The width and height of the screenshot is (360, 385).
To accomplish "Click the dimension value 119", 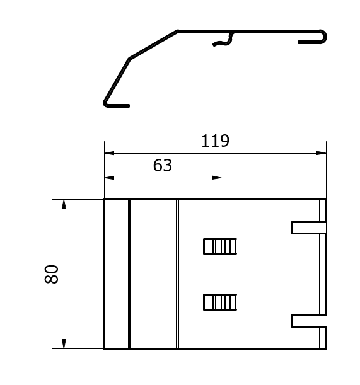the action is (x=215, y=141).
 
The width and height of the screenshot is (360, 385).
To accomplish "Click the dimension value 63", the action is (x=163, y=165).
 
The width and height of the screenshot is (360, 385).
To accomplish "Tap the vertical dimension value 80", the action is (x=52, y=274).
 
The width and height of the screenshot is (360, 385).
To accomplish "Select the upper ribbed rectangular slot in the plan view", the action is (x=220, y=246).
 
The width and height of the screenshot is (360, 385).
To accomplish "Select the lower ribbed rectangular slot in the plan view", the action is (x=220, y=302).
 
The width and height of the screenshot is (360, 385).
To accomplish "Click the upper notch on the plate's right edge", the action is (x=309, y=227).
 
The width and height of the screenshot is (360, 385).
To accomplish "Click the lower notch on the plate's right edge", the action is (x=309, y=321).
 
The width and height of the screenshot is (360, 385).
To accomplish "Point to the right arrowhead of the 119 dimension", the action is (x=322, y=153).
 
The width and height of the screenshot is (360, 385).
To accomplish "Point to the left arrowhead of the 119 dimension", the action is (x=109, y=153).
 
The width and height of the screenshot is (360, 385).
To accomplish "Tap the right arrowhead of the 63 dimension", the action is (x=216, y=178).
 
